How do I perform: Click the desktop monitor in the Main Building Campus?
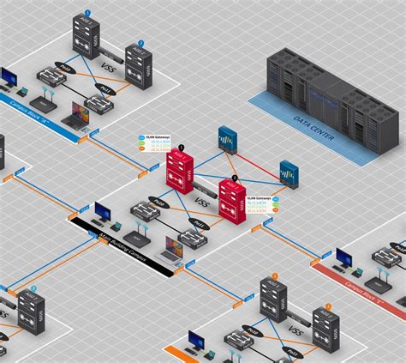pos(103,211)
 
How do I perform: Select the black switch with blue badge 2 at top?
pos(139,64)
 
